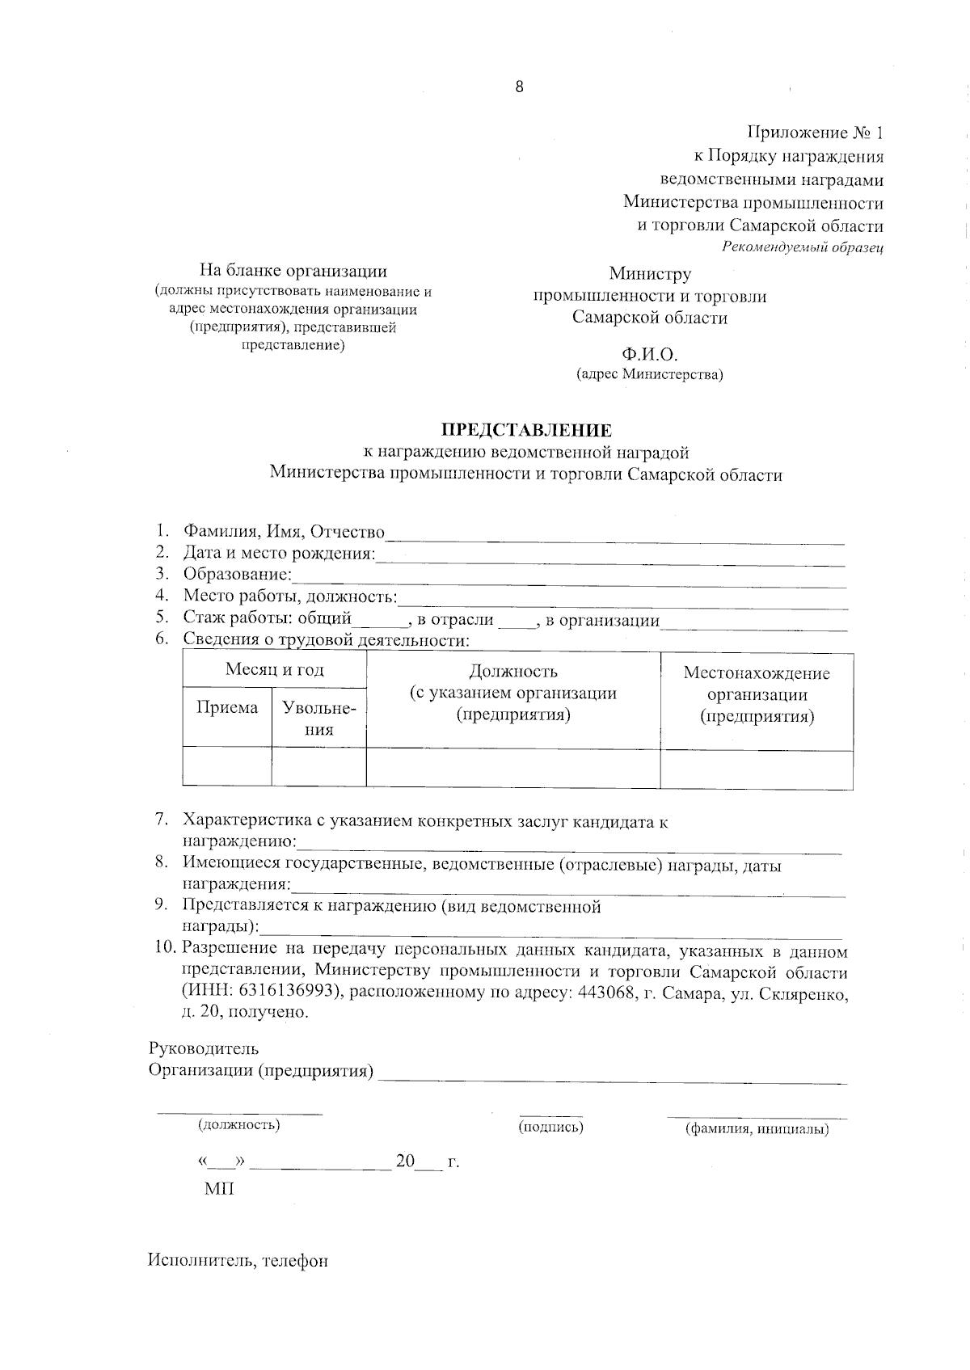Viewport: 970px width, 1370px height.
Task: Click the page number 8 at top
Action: click(519, 87)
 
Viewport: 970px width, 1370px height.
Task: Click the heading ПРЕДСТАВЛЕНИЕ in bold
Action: click(525, 430)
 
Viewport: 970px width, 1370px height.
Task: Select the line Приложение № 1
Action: click(815, 133)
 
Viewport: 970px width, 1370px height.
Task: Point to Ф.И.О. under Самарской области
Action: click(649, 355)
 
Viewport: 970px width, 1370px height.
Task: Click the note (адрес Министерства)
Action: click(649, 374)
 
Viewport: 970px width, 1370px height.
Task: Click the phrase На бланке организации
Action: click(293, 272)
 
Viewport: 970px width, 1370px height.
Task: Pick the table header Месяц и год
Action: click(274, 670)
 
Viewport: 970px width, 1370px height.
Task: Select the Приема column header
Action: click(227, 708)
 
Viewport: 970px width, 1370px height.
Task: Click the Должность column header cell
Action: click(512, 693)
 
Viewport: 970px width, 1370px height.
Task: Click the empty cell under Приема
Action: click(227, 766)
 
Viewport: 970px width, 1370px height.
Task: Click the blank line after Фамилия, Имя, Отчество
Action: click(614, 535)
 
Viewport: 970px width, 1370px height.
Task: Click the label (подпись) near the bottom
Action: click(550, 1127)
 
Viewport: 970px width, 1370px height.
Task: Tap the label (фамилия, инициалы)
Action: click(757, 1129)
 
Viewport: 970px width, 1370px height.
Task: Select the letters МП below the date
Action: click(218, 1190)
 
